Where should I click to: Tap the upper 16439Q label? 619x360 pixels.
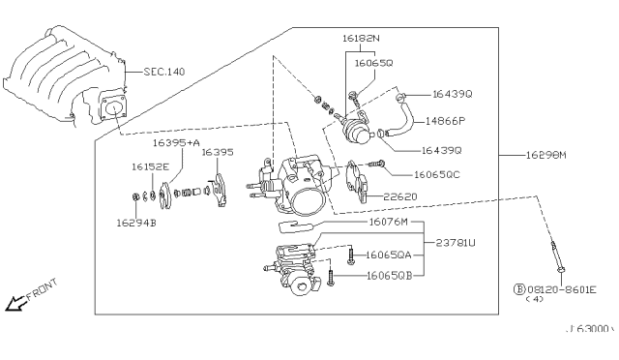pos(453,94)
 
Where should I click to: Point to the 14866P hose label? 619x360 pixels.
pos(448,122)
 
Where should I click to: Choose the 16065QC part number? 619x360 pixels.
pos(437,175)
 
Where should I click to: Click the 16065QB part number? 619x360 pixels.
pos(391,275)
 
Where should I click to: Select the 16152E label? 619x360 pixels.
pos(150,166)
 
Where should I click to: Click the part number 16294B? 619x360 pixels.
pos(138,223)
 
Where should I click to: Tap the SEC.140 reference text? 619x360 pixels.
pos(162,72)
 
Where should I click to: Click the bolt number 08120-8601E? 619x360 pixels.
pos(561,288)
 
